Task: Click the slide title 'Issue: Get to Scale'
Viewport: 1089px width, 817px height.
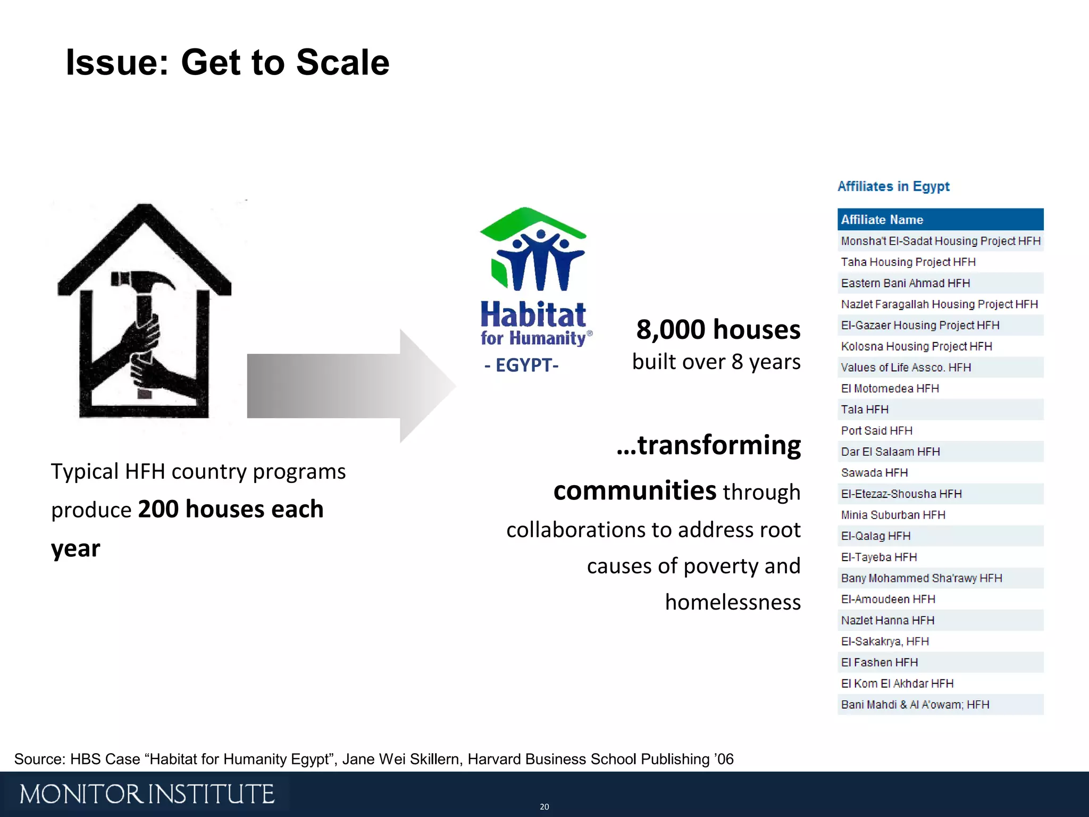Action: [x=228, y=63]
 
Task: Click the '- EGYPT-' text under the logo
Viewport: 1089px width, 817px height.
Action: [x=521, y=365]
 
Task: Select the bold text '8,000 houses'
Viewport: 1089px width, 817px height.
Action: [x=718, y=329]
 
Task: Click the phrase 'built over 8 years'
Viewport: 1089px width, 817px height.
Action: [x=716, y=362]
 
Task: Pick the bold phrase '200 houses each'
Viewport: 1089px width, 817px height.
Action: [x=230, y=509]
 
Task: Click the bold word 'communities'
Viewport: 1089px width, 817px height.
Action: [x=634, y=490]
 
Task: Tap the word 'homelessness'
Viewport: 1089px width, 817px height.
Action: [x=733, y=602]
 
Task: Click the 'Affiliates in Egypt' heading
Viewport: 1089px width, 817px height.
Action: [x=893, y=186]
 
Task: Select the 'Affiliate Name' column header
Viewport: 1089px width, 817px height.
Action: [x=882, y=220]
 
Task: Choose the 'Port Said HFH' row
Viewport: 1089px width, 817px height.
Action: [x=876, y=430]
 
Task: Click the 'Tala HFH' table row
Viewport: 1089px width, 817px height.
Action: [x=865, y=410]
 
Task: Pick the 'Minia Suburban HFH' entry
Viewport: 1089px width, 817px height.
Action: [x=893, y=515]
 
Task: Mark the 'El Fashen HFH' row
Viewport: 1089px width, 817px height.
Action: [x=879, y=662]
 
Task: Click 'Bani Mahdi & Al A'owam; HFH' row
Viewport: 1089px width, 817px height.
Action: [x=915, y=705]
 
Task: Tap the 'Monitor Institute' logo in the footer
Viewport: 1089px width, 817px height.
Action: [x=147, y=794]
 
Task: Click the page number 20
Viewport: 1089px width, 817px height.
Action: [x=544, y=807]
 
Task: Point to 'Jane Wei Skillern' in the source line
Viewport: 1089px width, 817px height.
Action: [x=401, y=759]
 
